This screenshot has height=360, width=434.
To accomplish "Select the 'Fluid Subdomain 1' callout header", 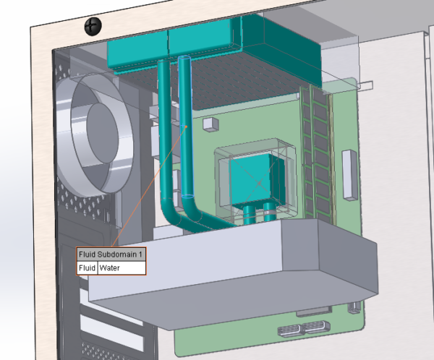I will coord(111,254).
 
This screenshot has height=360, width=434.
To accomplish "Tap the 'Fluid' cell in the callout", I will coord(87,268).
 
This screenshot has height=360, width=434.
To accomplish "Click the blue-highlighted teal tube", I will coord(186,130).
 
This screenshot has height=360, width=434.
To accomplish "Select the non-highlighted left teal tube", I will coord(165,130).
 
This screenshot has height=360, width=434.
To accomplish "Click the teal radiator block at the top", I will coord(210,43).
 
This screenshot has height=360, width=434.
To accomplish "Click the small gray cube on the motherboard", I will coord(210,124).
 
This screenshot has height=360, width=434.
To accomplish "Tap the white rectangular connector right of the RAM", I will coord(349,174).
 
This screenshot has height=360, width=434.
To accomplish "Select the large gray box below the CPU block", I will coord(231,267).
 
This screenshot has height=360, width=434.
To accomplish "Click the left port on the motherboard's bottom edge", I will coord(289,331).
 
